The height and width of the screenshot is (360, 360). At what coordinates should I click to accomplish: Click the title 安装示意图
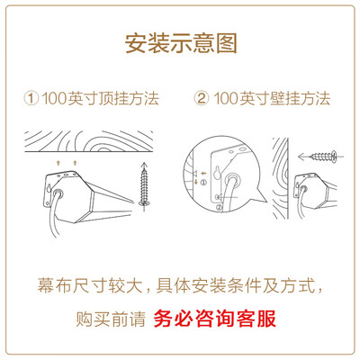[x=181, y=43]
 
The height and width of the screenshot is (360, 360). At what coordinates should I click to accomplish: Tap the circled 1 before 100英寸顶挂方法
[x=31, y=98]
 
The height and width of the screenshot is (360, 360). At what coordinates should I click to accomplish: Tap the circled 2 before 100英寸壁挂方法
[x=202, y=98]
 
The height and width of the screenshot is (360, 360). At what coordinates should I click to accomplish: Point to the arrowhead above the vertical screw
[x=145, y=165]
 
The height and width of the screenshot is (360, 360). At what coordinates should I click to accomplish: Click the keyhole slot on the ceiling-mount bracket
[x=49, y=188]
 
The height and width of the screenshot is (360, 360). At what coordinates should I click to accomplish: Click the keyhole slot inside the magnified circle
[x=217, y=174]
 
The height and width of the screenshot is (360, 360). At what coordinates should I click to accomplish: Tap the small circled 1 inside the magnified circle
[x=203, y=182]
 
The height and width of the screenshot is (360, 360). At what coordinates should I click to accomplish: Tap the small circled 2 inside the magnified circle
[x=219, y=207]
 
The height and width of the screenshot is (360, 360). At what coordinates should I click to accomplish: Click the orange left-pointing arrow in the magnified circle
[x=203, y=173]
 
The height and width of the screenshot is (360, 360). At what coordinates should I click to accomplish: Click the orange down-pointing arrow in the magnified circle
[x=196, y=182]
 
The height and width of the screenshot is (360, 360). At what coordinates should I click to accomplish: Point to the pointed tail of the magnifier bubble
[x=266, y=202]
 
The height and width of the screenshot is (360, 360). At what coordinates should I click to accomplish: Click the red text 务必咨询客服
[x=215, y=319]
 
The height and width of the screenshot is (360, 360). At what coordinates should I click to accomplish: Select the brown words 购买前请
[x=111, y=319]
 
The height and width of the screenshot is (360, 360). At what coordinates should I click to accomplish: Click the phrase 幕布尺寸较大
[x=90, y=285]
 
